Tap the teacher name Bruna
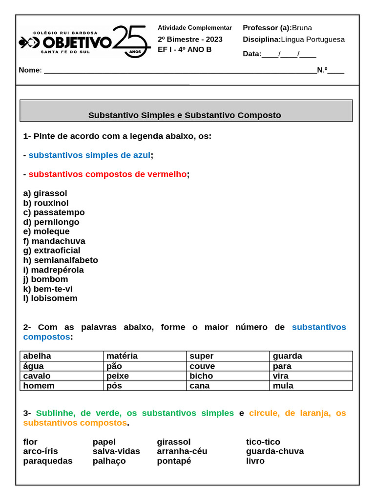(302, 28)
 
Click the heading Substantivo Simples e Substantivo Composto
(185, 115)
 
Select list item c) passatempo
(54, 212)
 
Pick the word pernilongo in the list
(57, 222)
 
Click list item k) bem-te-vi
(48, 289)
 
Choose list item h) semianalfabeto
(61, 260)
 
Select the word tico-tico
(263, 442)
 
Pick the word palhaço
(109, 461)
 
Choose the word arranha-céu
(182, 451)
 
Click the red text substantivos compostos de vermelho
(107, 174)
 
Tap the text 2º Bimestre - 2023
(190, 40)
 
